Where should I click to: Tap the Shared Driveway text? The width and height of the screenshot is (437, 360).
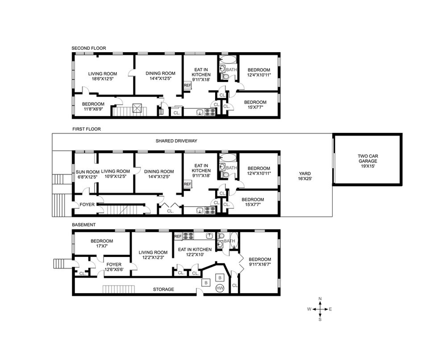[176, 141]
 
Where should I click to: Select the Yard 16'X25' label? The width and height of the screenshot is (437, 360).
[305, 176]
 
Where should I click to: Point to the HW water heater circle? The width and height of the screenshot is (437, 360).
[220, 288]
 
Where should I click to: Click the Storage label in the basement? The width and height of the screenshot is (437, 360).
[163, 290]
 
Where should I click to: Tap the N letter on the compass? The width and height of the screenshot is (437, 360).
[320, 299]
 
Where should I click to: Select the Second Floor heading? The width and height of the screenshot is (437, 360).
[89, 48]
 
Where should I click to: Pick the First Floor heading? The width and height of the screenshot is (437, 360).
[87, 129]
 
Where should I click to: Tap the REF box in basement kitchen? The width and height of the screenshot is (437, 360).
[178, 236]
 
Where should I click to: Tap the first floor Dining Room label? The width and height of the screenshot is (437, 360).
[158, 174]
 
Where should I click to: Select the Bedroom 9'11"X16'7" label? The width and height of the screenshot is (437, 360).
[259, 262]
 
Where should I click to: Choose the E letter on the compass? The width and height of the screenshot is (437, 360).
[330, 309]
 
